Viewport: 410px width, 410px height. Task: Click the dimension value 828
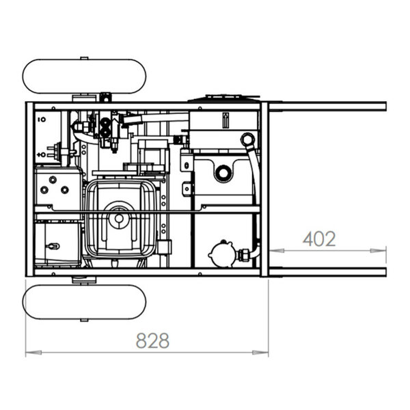[x=152, y=340]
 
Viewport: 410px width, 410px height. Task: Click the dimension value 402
[x=319, y=238]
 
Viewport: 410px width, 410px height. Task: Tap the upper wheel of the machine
[x=84, y=77]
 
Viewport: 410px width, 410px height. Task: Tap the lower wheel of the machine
[x=84, y=302]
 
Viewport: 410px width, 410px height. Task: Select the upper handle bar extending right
[x=327, y=107]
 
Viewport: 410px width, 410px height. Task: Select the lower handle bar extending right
[x=327, y=272]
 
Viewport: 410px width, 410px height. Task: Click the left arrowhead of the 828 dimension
[x=33, y=353]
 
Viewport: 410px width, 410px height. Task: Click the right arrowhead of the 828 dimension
[x=260, y=353]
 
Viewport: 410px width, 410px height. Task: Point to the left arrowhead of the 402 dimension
[x=277, y=251]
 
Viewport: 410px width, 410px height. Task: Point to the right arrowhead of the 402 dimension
[x=378, y=251]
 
